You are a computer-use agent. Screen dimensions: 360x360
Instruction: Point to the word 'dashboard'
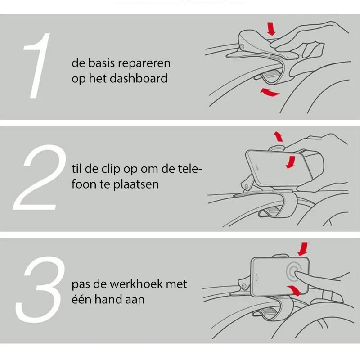click(x=139, y=78)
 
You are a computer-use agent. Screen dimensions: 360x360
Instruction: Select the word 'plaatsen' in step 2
click(x=136, y=184)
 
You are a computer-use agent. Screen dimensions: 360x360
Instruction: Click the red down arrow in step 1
click(x=271, y=29)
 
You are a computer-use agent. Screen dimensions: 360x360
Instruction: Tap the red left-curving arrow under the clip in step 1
click(x=270, y=92)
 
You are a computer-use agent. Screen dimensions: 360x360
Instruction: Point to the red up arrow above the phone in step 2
click(x=279, y=137)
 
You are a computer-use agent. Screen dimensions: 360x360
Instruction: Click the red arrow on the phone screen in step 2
click(x=291, y=162)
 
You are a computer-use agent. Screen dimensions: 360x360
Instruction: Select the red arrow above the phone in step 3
click(x=303, y=249)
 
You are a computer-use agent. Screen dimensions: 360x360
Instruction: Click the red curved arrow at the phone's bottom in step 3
click(x=294, y=290)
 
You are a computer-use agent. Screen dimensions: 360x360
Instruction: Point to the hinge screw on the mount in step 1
click(x=242, y=47)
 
